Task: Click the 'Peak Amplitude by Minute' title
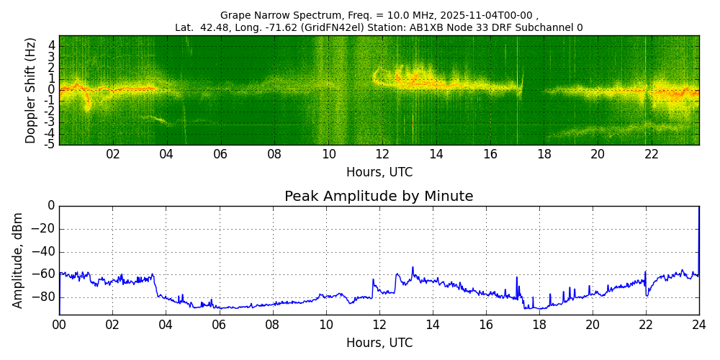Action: (x=379, y=197)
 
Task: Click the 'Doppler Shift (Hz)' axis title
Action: (x=30, y=91)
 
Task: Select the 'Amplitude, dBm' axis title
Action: (x=19, y=260)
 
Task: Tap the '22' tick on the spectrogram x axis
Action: (x=652, y=154)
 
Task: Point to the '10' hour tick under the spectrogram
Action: (x=328, y=154)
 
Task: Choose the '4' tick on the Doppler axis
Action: (x=52, y=45)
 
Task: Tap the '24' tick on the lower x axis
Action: (x=699, y=324)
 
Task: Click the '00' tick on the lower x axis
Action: (x=59, y=324)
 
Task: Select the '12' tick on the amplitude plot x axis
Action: (x=379, y=324)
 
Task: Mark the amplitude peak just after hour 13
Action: (x=413, y=268)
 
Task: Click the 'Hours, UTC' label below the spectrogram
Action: (x=379, y=172)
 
